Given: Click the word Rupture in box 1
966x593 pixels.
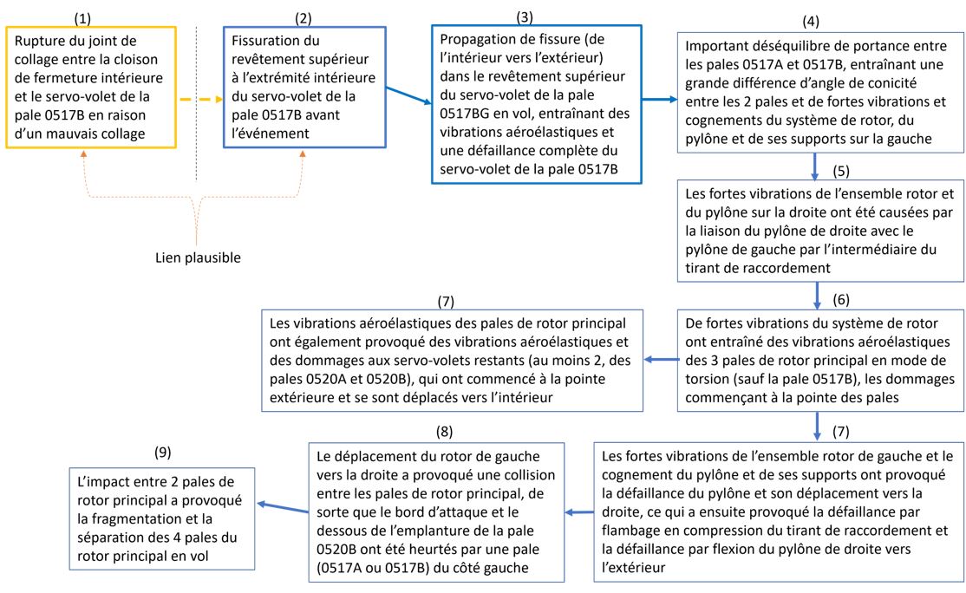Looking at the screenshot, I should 41,40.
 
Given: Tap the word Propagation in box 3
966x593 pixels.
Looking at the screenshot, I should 480,40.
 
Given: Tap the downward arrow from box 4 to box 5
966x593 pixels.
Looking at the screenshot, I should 816,164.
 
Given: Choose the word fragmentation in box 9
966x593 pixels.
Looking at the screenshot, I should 132,518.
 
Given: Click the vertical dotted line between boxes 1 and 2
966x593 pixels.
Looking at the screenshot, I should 197,104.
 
